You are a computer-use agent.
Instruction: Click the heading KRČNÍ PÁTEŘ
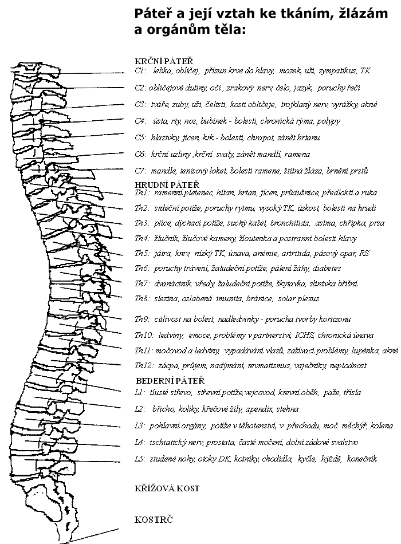(x=163, y=60)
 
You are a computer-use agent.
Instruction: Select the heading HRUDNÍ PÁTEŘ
(x=167, y=184)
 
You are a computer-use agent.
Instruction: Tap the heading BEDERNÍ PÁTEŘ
(x=170, y=380)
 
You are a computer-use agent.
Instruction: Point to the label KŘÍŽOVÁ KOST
(x=167, y=488)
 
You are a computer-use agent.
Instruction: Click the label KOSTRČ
(x=154, y=520)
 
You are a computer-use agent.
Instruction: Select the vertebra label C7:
(x=141, y=171)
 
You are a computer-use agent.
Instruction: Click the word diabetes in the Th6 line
(x=327, y=268)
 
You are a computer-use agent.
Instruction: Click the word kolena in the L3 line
(x=382, y=425)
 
